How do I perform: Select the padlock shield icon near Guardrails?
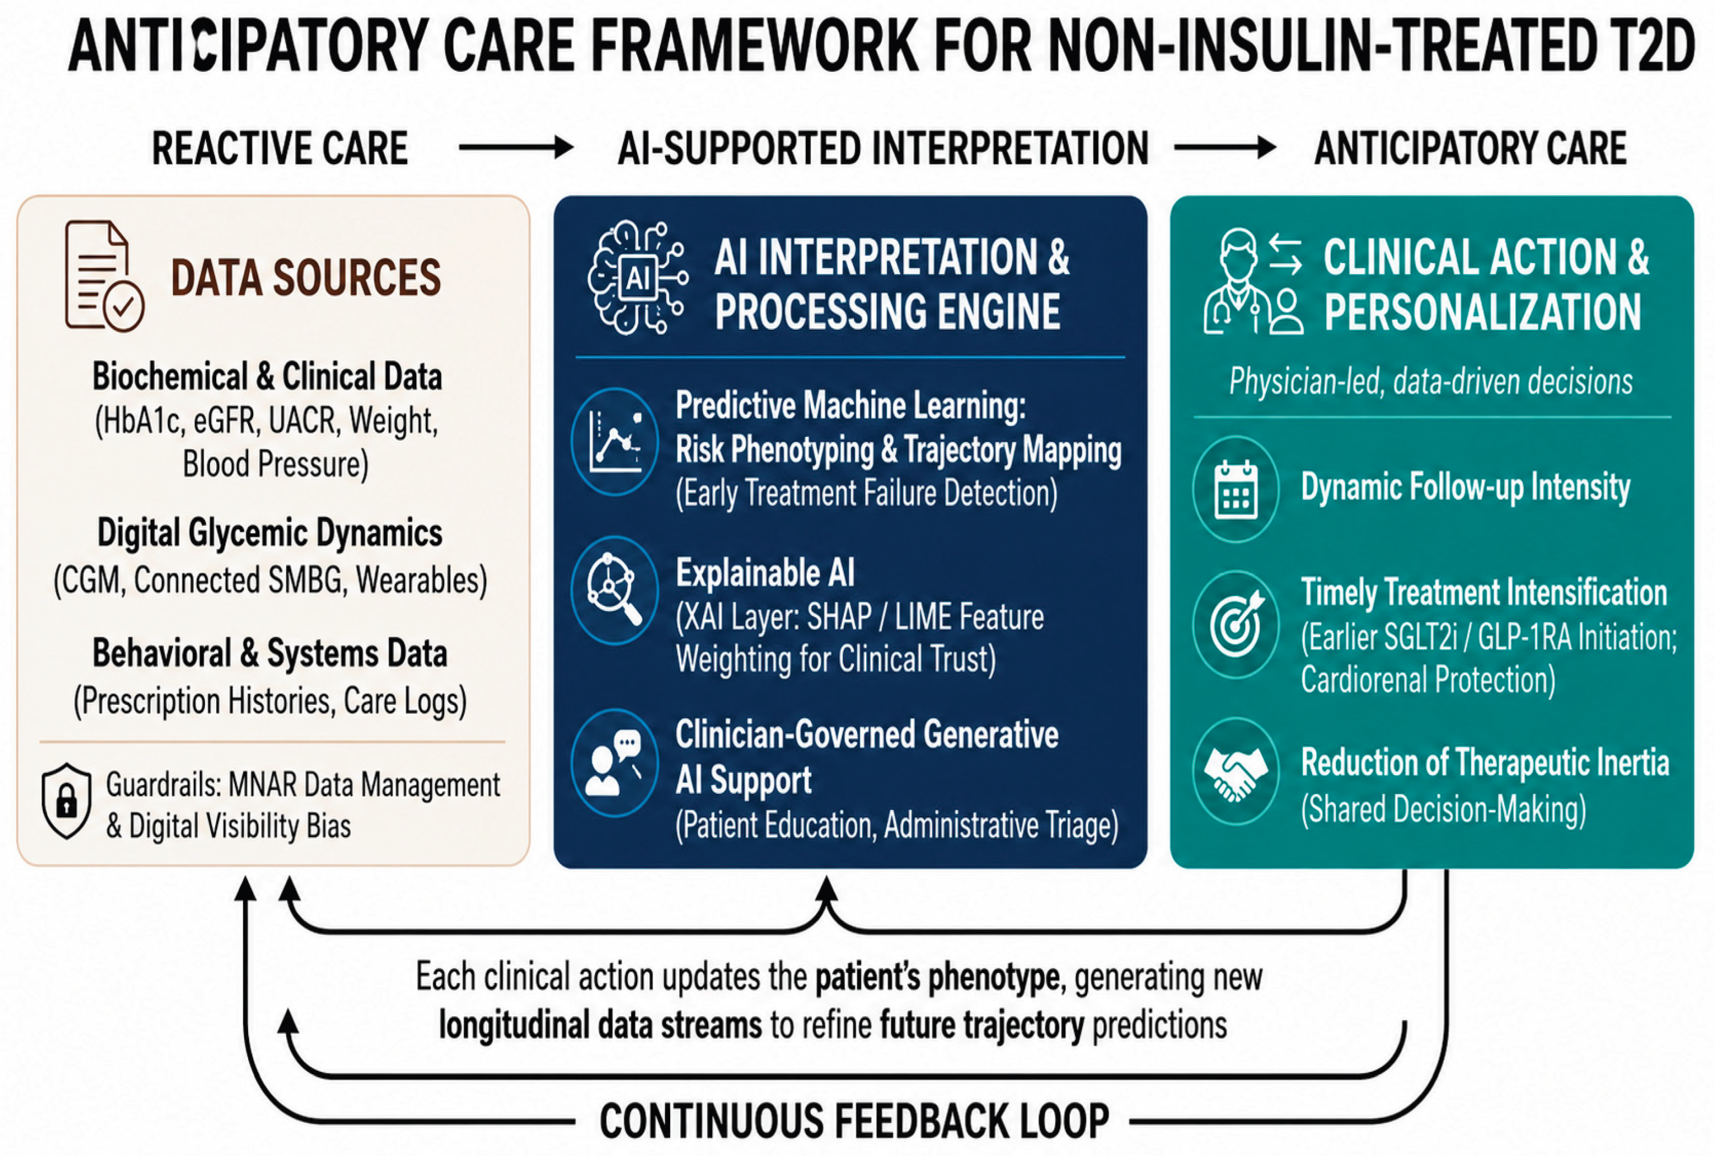[66, 801]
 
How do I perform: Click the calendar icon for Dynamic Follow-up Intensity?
[1236, 490]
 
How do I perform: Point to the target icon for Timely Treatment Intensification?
[1236, 625]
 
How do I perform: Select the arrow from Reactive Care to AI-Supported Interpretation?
[515, 147]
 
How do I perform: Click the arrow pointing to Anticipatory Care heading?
[1225, 147]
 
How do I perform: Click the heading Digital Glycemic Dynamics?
[270, 533]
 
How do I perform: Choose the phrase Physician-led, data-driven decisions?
[1431, 382]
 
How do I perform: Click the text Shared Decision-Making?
[1443, 810]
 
